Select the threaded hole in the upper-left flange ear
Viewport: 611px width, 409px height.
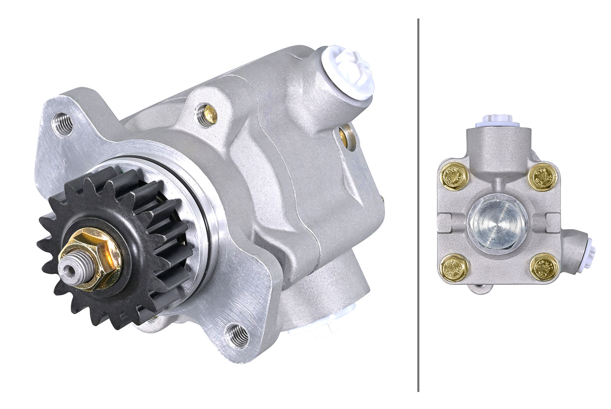[62, 125]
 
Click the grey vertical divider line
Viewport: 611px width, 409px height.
[418, 204]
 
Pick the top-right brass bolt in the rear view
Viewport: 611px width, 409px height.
[543, 176]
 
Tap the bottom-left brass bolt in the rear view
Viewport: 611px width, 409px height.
[453, 268]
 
